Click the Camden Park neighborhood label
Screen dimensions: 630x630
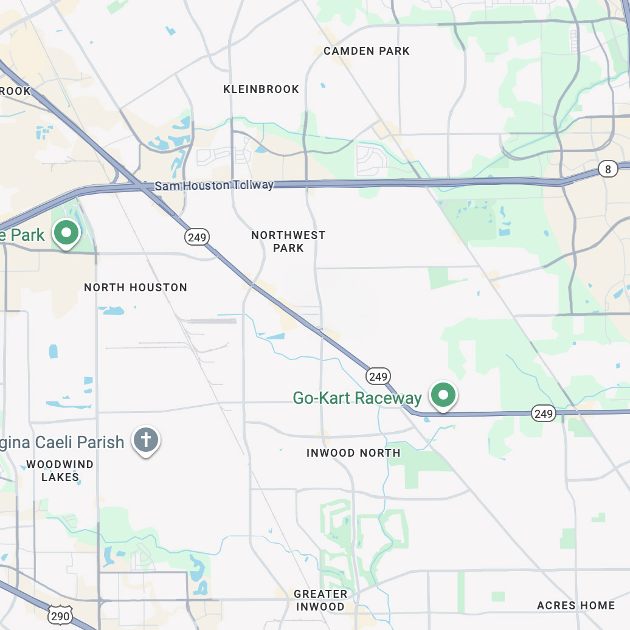pos(367,51)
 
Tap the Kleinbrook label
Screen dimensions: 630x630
pos(261,89)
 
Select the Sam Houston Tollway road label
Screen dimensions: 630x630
pos(214,185)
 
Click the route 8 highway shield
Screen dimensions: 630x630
pos(607,169)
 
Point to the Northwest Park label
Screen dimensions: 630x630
pos(288,241)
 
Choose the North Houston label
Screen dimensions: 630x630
pos(136,287)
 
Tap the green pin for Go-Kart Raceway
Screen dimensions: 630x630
pos(443,395)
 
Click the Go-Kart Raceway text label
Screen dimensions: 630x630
pos(357,398)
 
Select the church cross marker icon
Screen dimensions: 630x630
pos(146,439)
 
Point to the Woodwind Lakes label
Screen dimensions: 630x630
pos(60,471)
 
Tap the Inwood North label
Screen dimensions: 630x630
pos(353,452)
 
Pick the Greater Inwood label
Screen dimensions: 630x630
pos(320,600)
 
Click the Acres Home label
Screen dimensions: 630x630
pos(575,605)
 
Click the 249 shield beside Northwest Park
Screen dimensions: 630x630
pos(198,237)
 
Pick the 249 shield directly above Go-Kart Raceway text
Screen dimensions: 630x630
pos(378,376)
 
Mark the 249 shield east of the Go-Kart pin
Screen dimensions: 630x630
pos(543,414)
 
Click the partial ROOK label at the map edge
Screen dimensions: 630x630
pos(15,91)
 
